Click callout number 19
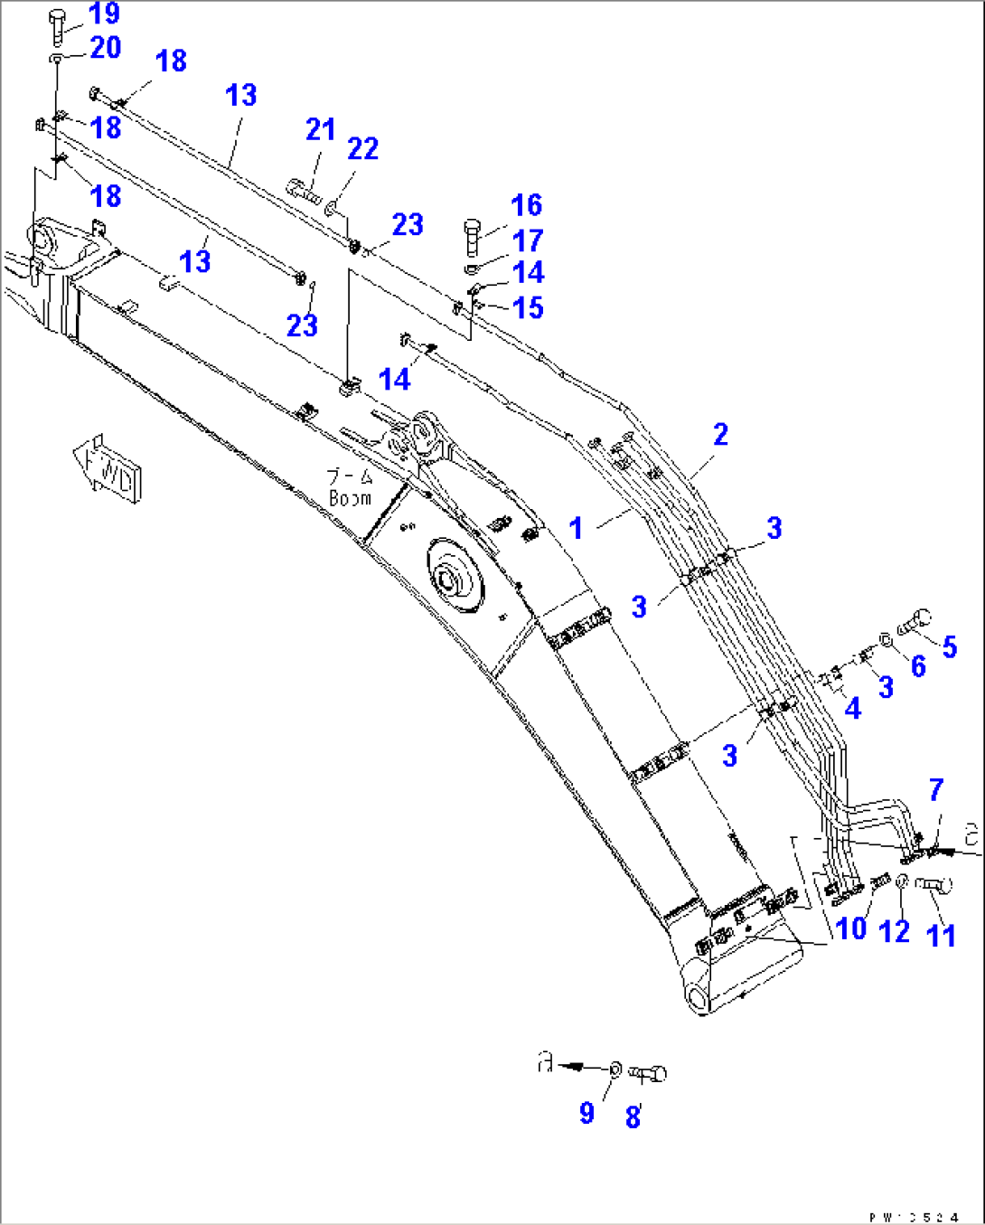point(105,14)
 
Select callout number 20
point(105,48)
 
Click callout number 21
point(320,130)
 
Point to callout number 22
point(362,149)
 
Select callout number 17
point(527,241)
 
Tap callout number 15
point(527,308)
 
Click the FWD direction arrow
point(107,465)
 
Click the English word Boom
point(350,498)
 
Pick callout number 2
point(720,435)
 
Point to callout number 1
point(576,528)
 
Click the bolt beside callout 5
point(915,623)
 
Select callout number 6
point(918,666)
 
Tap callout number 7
point(936,790)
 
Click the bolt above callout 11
point(933,885)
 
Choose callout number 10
point(851,928)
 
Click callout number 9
point(586,1113)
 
